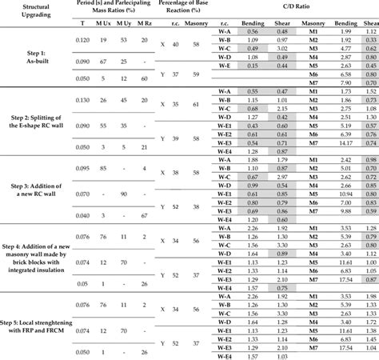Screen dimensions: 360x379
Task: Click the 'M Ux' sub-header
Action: click(106, 25)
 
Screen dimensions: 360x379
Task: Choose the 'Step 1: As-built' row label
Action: click(37, 57)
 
